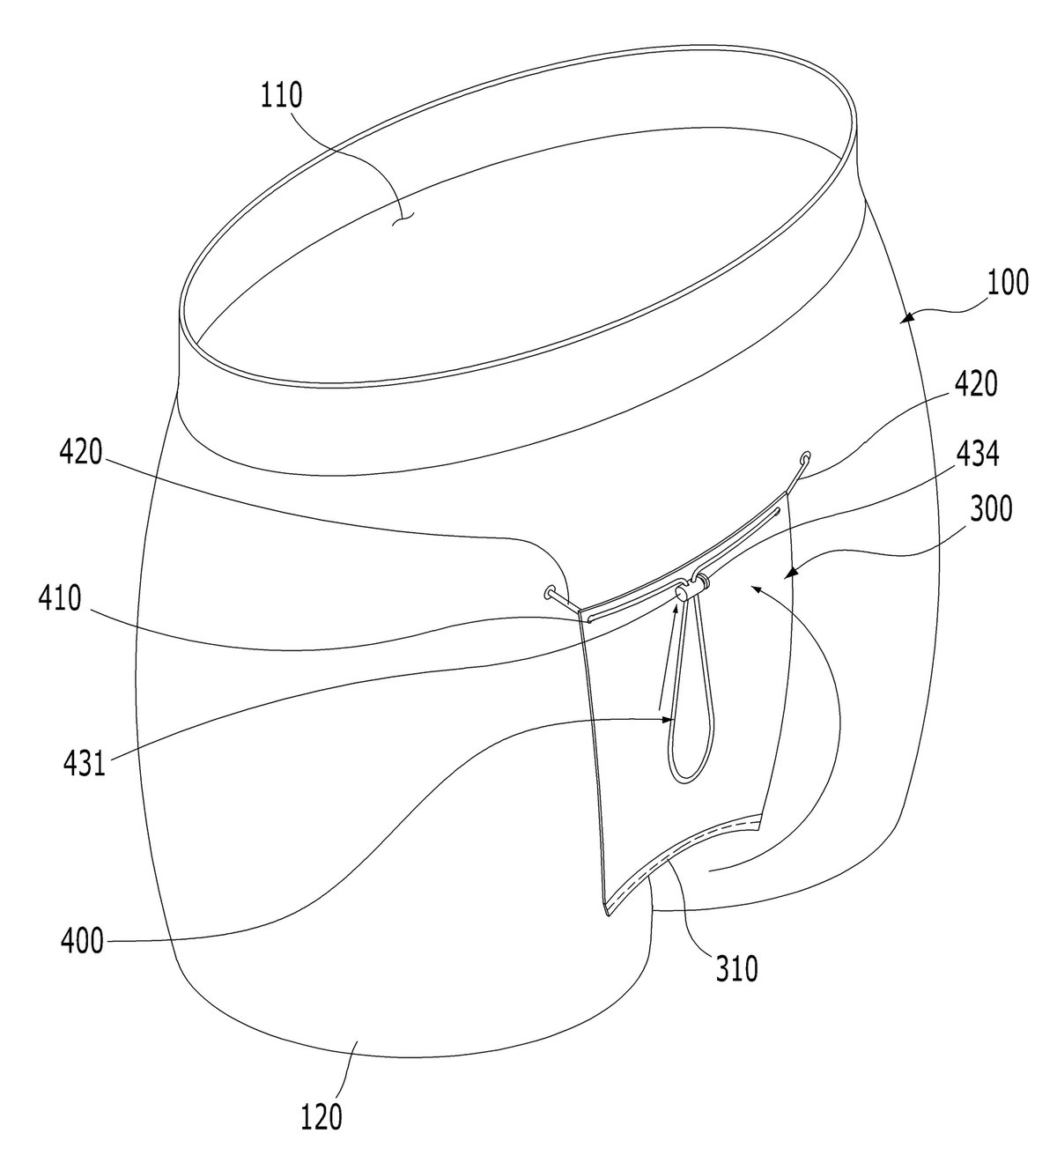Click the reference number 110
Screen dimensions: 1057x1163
click(281, 96)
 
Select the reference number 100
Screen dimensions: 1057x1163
click(1008, 283)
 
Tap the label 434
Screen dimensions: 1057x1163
click(977, 454)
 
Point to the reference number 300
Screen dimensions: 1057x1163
click(990, 507)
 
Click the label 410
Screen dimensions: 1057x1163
click(60, 597)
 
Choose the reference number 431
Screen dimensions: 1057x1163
click(85, 762)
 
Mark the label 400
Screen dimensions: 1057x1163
click(82, 940)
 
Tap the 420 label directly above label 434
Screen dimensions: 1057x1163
click(975, 384)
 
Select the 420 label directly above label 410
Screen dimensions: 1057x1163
click(80, 452)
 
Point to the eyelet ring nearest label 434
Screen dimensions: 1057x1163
click(804, 458)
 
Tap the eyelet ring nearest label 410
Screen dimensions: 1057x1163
click(549, 592)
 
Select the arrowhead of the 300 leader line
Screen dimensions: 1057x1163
click(790, 575)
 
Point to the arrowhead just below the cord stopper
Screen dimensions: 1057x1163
click(675, 609)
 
